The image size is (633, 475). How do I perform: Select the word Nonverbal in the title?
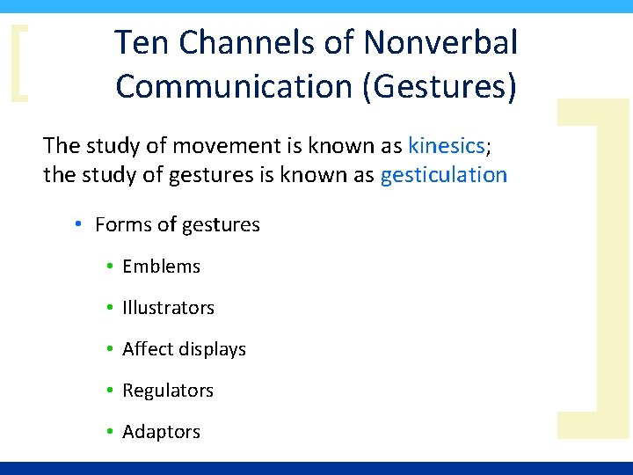click(440, 41)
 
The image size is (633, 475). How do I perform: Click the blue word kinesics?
click(446, 145)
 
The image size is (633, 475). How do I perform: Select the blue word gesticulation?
click(444, 174)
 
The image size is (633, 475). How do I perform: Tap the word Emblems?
click(162, 267)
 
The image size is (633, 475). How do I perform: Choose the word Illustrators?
click(168, 308)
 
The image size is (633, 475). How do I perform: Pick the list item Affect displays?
click(184, 349)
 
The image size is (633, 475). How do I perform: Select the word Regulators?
click(168, 391)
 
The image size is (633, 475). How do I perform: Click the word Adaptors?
click(162, 432)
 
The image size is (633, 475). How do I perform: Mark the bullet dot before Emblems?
click(109, 267)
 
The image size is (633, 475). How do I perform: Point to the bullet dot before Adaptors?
click(109, 432)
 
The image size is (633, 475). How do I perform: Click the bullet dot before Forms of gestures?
click(78, 225)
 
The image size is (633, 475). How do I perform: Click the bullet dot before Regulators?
click(109, 391)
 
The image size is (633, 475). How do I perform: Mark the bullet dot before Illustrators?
click(109, 308)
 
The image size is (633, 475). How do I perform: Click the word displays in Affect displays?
click(212, 349)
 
